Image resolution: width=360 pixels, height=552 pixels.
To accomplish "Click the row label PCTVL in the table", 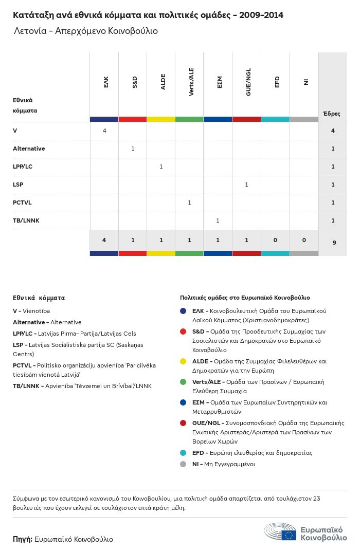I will [x=22, y=203].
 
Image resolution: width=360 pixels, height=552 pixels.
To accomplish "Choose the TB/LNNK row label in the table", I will [x=26, y=220].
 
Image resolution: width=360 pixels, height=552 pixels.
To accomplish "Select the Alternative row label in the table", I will [x=29, y=149].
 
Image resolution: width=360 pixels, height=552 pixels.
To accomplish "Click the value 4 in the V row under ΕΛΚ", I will [x=104, y=131].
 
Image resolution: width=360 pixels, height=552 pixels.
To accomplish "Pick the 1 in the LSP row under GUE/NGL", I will [x=246, y=185].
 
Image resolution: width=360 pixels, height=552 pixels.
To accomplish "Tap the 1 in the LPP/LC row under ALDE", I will [x=161, y=167].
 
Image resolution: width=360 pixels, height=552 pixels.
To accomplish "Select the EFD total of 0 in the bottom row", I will [x=275, y=240].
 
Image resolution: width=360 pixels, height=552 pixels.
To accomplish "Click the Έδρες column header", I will [x=331, y=114].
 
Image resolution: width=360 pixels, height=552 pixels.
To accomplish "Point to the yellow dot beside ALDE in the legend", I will [x=183, y=361].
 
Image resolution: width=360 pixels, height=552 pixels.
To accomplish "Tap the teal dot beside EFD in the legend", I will [x=183, y=453].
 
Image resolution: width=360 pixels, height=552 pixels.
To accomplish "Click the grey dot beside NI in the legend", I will [x=183, y=464].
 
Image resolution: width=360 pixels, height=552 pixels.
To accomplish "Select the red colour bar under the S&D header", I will [x=133, y=119].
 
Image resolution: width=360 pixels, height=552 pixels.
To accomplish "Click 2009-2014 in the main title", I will [x=261, y=15].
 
